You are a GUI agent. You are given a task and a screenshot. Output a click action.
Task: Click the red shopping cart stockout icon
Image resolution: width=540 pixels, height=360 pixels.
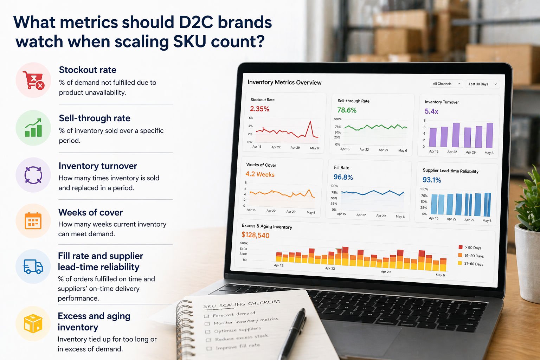pyautogui.click(x=33, y=80)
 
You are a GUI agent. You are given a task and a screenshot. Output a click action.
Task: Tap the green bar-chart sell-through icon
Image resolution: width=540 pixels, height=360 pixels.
pyautogui.click(x=33, y=128)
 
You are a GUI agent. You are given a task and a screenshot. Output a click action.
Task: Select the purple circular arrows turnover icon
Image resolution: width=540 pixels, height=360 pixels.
pyautogui.click(x=33, y=175)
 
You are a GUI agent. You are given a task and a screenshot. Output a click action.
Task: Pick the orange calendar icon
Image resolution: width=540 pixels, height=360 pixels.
pyautogui.click(x=33, y=221)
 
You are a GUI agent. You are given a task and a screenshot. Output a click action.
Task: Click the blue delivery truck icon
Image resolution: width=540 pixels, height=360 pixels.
pyautogui.click(x=33, y=267)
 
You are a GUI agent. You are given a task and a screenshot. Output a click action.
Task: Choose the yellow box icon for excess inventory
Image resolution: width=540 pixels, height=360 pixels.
pyautogui.click(x=33, y=323)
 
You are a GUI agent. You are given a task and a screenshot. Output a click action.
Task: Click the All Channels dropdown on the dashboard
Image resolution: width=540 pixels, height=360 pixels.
pyautogui.click(x=446, y=84)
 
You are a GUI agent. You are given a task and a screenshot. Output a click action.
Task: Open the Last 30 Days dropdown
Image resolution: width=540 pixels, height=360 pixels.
pyautogui.click(x=483, y=84)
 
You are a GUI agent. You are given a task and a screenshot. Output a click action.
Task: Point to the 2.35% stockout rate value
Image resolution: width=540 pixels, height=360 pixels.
pyautogui.click(x=259, y=109)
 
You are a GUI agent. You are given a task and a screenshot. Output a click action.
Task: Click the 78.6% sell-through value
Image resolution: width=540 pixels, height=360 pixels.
pyautogui.click(x=347, y=110)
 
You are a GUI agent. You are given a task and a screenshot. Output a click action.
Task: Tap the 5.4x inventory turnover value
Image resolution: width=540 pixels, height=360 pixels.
pyautogui.click(x=431, y=111)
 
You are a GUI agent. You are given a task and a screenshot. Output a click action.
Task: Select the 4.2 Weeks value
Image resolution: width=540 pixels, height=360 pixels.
pyautogui.click(x=260, y=174)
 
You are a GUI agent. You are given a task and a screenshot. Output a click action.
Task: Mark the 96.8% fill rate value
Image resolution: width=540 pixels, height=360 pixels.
pyautogui.click(x=343, y=177)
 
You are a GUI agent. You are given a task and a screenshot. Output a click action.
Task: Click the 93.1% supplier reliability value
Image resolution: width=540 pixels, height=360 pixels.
pyautogui.click(x=432, y=180)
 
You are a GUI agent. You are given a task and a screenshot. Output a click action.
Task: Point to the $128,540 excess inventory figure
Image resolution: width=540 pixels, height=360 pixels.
pyautogui.click(x=255, y=235)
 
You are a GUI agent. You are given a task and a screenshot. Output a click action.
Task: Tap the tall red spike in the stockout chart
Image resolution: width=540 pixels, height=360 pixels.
pyautogui.click(x=310, y=123)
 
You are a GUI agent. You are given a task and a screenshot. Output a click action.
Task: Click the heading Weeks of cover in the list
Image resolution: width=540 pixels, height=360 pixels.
pyautogui.click(x=91, y=212)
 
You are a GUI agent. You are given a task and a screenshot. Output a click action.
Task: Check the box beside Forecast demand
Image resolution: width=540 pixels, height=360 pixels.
pyautogui.click(x=206, y=316)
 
